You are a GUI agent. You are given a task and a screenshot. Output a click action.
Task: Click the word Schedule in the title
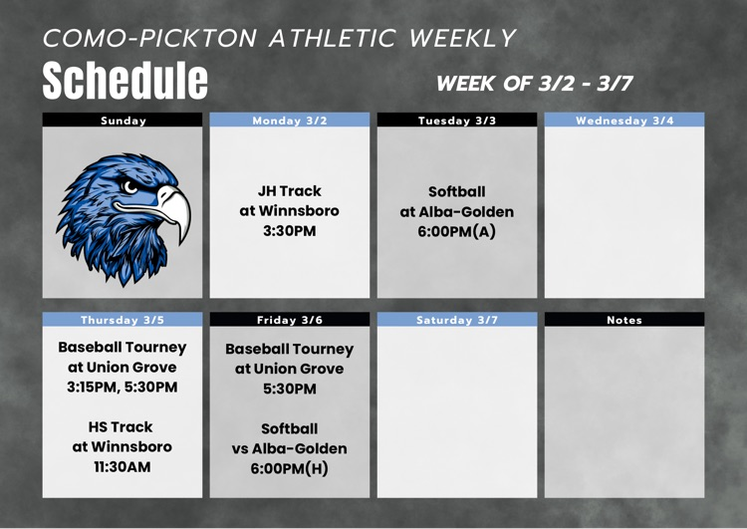click(x=125, y=80)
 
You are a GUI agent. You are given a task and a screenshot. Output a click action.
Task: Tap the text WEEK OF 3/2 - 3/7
click(x=535, y=84)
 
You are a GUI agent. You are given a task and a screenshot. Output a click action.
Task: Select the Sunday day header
click(x=124, y=121)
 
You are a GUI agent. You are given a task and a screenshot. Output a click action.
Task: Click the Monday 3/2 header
click(x=290, y=121)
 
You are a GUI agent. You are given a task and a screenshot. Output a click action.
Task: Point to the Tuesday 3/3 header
click(x=457, y=121)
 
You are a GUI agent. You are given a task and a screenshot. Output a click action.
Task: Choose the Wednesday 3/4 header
click(x=624, y=121)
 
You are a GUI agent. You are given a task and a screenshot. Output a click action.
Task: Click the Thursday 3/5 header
click(x=124, y=320)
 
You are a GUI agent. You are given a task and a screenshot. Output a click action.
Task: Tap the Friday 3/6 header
click(x=290, y=320)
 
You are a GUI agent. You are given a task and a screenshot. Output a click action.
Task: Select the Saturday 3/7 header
click(x=457, y=320)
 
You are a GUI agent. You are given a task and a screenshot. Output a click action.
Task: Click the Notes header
click(x=624, y=320)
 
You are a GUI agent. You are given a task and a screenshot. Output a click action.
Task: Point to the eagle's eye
click(x=130, y=185)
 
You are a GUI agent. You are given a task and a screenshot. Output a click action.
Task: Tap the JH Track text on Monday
click(x=290, y=190)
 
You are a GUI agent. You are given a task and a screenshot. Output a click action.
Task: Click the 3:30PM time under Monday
click(x=290, y=230)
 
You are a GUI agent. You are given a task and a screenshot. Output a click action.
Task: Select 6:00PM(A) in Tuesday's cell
click(x=457, y=231)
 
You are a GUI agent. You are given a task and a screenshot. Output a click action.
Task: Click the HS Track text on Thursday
click(x=123, y=426)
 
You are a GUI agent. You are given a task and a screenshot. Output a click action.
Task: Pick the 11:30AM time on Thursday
click(x=123, y=465)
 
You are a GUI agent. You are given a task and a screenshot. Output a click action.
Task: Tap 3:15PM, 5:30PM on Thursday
click(x=123, y=387)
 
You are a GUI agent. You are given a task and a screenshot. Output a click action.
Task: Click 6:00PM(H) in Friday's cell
click(x=290, y=468)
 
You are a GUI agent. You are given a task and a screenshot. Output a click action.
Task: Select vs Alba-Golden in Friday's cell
click(x=290, y=448)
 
